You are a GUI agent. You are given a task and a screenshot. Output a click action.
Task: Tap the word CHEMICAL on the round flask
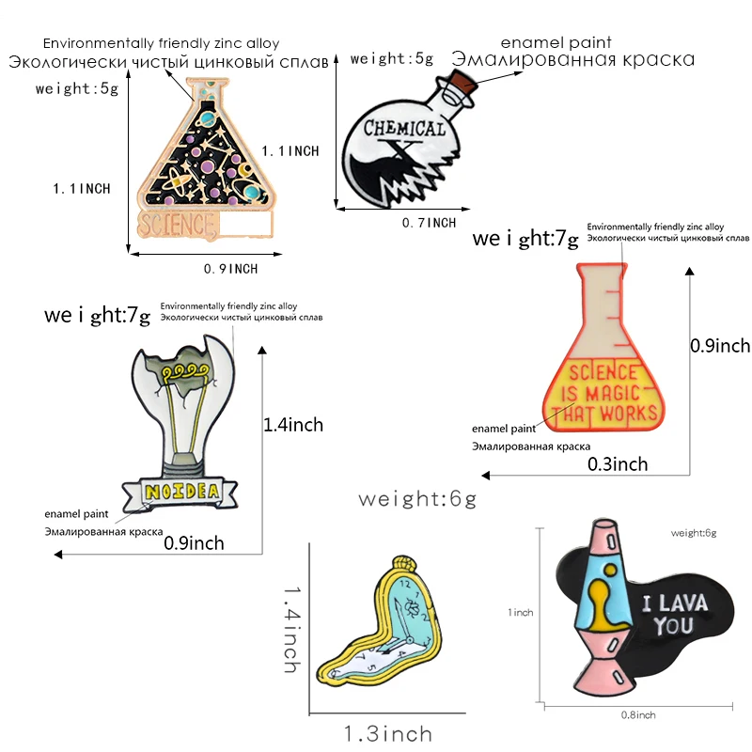tap(403, 129)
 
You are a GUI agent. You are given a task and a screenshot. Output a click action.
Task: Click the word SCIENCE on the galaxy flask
tap(175, 225)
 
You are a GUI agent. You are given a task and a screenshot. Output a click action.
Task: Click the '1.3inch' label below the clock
tap(387, 733)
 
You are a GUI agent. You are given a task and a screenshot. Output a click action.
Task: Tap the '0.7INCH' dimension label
tap(429, 223)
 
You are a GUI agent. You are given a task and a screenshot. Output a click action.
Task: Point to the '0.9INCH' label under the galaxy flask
tap(230, 269)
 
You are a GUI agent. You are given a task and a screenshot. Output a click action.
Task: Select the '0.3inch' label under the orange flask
tap(618, 463)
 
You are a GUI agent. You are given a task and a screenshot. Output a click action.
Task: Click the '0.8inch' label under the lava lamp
tap(639, 715)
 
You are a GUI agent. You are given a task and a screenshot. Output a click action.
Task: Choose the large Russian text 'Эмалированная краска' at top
tap(573, 60)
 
